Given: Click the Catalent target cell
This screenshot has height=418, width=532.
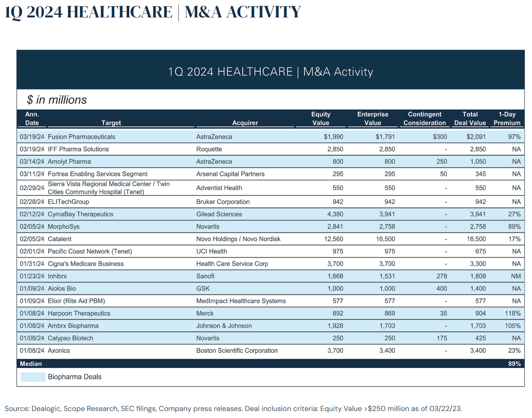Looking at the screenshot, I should click(x=60, y=239).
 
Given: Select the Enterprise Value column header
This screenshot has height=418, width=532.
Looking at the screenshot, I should click(x=373, y=119).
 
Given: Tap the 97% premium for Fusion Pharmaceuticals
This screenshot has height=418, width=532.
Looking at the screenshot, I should click(x=514, y=137).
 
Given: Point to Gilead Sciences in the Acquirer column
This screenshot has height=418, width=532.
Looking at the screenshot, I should click(x=219, y=214).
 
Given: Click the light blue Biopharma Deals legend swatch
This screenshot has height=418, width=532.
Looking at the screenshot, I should click(x=33, y=377).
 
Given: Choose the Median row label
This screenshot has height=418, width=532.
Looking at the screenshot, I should click(x=31, y=364).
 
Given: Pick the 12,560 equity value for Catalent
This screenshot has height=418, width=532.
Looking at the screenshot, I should click(x=334, y=239).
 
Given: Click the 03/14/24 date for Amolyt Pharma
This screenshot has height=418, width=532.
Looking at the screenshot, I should click(x=32, y=162).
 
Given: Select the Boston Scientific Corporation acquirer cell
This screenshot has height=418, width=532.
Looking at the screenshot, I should click(x=237, y=351).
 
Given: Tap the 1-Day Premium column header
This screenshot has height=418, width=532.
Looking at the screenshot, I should click(x=507, y=119).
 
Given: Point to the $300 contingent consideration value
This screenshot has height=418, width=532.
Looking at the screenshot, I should click(x=440, y=137).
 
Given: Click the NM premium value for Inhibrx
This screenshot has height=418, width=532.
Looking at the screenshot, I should click(x=516, y=276).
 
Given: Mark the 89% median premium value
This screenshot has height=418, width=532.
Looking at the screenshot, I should click(x=514, y=364).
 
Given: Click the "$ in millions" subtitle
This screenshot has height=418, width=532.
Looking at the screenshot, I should click(x=57, y=100).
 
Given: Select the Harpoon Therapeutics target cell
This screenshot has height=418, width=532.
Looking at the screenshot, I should click(x=79, y=313).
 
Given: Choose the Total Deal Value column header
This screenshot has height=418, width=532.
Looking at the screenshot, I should click(x=470, y=119).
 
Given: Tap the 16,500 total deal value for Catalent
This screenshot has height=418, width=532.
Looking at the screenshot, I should click(x=476, y=239).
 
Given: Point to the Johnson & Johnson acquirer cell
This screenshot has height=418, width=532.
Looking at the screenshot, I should click(x=224, y=326).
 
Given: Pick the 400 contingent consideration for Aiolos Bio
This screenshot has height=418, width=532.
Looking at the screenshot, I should click(x=441, y=289).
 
